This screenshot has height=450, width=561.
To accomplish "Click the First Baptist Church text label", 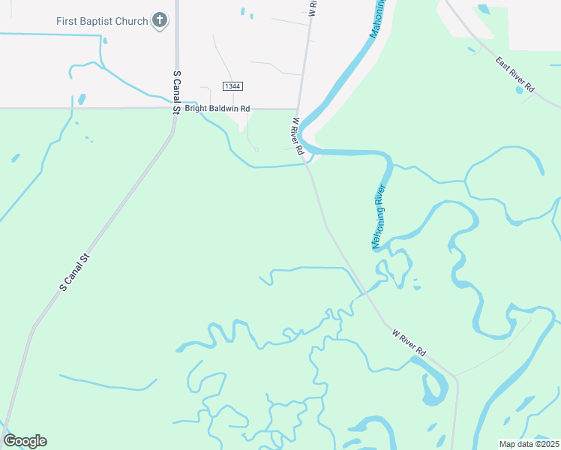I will [102, 21].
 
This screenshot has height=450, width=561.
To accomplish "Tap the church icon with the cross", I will [159, 20].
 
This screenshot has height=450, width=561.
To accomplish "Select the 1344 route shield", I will [232, 86].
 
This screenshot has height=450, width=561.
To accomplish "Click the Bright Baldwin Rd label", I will [217, 108].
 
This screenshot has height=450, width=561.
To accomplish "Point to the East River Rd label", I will [514, 75].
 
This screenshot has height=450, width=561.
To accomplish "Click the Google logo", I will [25, 440].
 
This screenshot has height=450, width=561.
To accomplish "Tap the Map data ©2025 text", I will [529, 444].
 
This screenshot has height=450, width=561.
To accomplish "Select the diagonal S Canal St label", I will [75, 272].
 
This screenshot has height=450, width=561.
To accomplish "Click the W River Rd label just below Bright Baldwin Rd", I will [298, 136].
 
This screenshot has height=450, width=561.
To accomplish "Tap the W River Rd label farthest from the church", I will [409, 341].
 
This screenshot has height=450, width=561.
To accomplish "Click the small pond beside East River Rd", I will [520, 90].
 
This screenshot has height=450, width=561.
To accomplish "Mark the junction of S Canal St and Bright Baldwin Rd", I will [177, 109].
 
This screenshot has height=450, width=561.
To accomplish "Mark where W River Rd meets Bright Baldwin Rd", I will [298, 109].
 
